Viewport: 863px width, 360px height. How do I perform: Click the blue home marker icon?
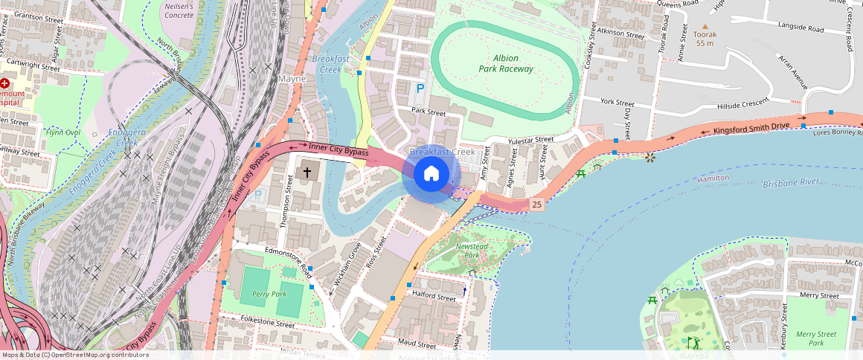[x=431, y=174]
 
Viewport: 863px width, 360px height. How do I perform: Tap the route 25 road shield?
[x=536, y=204]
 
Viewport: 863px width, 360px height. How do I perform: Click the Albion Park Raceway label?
[x=506, y=63]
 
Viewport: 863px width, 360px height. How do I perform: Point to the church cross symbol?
[x=305, y=173]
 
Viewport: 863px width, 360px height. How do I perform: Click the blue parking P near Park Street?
[x=420, y=89]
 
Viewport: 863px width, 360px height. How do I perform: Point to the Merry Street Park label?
[x=815, y=338]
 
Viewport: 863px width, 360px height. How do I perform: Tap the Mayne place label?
[x=292, y=78]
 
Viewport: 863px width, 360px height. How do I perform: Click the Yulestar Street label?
[x=530, y=139]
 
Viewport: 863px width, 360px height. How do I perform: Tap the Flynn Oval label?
[x=62, y=132]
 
